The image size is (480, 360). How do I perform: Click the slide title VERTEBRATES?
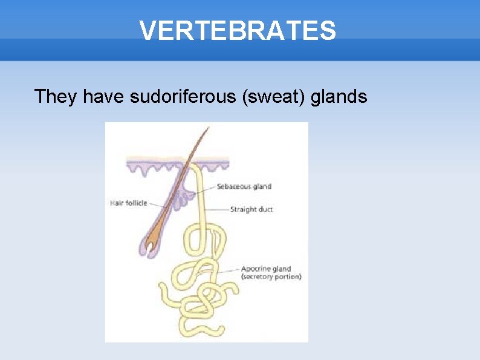pyautogui.click(x=238, y=30)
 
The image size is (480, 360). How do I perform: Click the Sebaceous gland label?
pyautogui.click(x=244, y=186)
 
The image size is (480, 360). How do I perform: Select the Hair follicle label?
pyautogui.click(x=128, y=203)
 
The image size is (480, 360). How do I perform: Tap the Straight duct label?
pyautogui.click(x=251, y=209)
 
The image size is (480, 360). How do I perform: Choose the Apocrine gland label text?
pyautogui.click(x=266, y=269)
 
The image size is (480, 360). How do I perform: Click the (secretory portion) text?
pyautogui.click(x=271, y=277)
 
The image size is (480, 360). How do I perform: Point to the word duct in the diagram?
pyautogui.click(x=264, y=209)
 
